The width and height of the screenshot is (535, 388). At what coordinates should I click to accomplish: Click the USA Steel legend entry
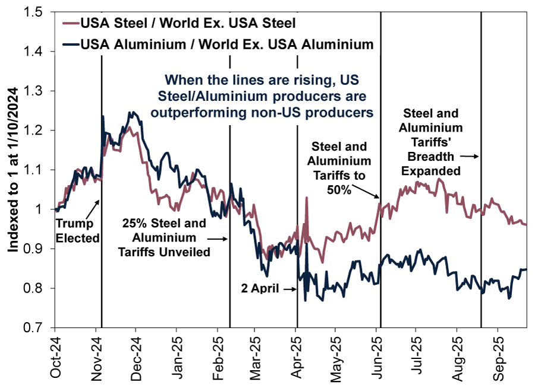click(187, 24)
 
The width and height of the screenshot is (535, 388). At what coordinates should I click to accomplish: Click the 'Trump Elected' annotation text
click(75, 231)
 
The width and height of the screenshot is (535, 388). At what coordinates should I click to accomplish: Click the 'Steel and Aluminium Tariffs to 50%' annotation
click(341, 168)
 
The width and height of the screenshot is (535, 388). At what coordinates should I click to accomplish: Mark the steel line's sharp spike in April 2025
click(307, 199)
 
